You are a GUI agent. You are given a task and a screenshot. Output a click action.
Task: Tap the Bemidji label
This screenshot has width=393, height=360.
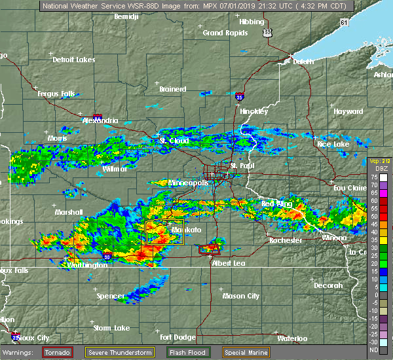[127, 16]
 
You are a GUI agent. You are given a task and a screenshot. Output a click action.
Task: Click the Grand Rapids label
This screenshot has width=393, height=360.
[223, 33]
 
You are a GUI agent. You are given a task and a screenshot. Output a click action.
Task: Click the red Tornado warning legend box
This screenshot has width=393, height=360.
[58, 352]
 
